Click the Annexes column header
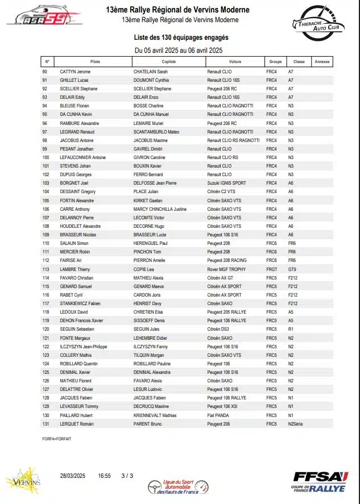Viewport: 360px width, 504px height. pos(322,61)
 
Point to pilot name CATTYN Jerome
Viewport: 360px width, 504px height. pos(75,72)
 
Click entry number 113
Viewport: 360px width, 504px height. pos(46,269)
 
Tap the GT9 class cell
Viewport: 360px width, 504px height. pos(292,269)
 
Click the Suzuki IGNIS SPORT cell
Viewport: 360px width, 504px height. pos(227,184)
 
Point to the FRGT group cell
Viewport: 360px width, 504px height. pos(272,269)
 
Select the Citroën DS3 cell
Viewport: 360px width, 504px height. pos(218,330)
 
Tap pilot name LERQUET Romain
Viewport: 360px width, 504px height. pos(77,424)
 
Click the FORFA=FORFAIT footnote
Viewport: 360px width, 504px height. pos(56,439)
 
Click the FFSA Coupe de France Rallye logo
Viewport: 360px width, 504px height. pos(319,482)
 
